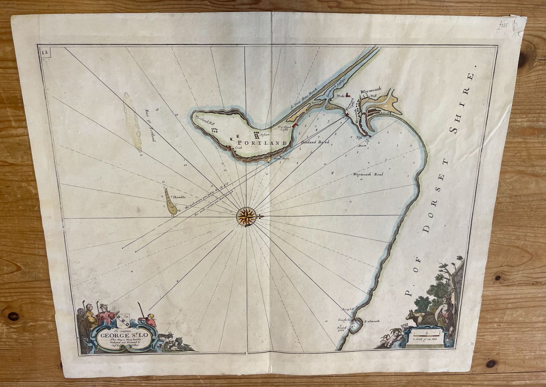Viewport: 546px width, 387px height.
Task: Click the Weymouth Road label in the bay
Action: point(367,175)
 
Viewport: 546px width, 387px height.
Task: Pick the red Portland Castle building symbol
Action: point(295,126)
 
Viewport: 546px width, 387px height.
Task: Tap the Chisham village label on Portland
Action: point(264,135)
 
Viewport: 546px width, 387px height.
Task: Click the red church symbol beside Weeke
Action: point(348,94)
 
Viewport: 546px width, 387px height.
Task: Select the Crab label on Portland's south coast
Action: point(237,148)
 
